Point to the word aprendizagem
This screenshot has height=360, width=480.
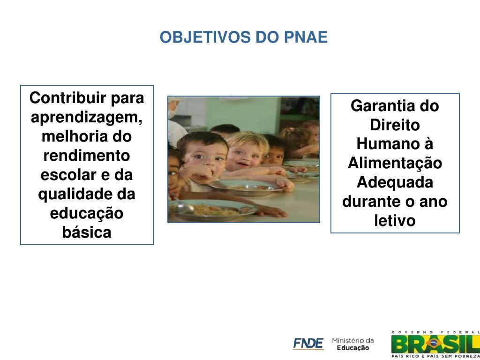click(87, 118)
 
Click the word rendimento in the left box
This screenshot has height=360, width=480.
click(87, 156)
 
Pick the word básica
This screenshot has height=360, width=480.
click(87, 232)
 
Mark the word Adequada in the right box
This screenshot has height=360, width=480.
click(395, 182)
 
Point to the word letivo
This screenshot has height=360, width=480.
click(395, 220)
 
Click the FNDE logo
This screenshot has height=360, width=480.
click(308, 344)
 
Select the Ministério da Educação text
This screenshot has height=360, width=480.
click(353, 344)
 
